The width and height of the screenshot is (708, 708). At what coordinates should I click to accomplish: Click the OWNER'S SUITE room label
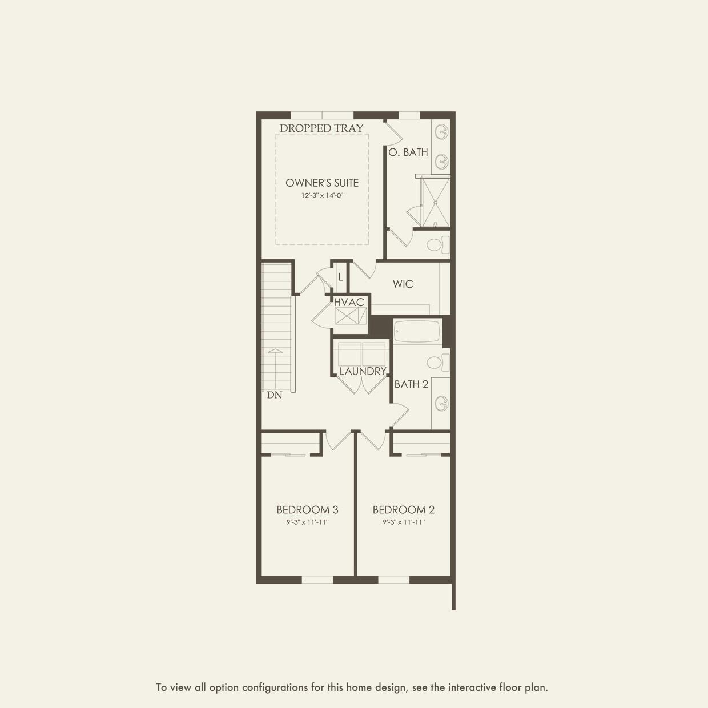(x=322, y=183)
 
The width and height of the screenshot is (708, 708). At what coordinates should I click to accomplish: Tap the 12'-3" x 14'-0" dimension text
(x=322, y=195)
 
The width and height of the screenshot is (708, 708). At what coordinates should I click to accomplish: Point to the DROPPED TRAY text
(x=321, y=128)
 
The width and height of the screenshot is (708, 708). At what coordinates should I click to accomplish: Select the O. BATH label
(x=408, y=152)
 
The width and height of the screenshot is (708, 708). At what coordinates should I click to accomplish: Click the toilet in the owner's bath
(x=437, y=245)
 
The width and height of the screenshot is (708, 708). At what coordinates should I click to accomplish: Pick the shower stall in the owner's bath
(x=435, y=202)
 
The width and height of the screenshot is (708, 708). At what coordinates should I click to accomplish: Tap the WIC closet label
(x=403, y=284)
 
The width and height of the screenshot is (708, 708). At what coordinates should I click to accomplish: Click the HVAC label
(x=349, y=302)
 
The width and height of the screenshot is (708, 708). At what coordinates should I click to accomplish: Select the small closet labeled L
(x=340, y=277)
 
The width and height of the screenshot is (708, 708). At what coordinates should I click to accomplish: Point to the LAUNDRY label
(x=363, y=371)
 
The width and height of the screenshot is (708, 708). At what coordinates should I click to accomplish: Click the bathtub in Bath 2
(x=417, y=331)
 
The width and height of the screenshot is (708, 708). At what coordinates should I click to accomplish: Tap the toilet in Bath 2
(x=437, y=363)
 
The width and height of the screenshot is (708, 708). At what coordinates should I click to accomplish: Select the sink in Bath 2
(x=441, y=403)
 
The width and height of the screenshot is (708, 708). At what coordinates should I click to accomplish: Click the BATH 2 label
(x=411, y=384)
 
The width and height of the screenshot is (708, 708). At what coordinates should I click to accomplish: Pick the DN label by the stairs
(x=274, y=395)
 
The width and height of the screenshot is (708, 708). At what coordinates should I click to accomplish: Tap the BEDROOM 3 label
(x=307, y=509)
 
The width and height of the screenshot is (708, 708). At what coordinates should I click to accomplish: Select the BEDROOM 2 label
(x=404, y=509)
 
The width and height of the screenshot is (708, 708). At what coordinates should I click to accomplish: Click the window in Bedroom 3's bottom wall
(x=317, y=580)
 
